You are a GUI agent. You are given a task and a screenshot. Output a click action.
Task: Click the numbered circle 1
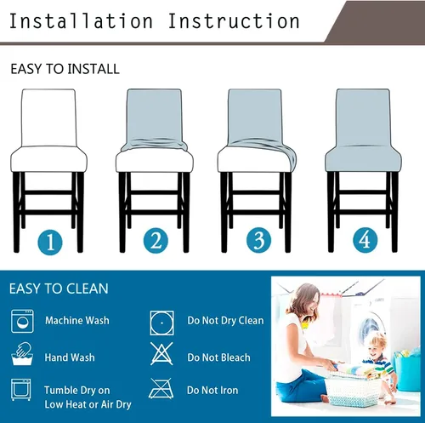50,242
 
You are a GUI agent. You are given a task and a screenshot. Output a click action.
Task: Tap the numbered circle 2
156,241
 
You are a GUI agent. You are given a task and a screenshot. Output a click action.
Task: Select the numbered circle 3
258,240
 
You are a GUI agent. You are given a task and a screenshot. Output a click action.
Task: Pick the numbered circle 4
365,240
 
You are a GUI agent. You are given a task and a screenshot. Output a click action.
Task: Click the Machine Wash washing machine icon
22,321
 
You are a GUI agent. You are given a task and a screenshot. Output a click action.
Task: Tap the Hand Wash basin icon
22,354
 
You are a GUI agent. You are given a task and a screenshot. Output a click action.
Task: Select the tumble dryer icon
21,389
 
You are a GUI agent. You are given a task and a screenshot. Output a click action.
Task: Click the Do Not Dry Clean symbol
161,323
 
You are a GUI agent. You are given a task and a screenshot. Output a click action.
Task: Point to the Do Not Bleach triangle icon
161,353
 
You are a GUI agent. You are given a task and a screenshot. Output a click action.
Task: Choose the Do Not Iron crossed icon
161,388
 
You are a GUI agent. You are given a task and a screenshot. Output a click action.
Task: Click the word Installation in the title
81,21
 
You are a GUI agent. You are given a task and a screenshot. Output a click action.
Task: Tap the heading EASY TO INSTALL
65,69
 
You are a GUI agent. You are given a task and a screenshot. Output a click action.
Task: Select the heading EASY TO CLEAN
59,289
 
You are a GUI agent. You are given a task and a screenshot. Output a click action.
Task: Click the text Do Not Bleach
218,357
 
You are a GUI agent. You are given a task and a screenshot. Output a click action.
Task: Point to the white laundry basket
353,390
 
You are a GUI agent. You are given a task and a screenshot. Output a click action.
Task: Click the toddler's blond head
377,345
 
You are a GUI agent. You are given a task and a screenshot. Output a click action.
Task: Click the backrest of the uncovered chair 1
49,117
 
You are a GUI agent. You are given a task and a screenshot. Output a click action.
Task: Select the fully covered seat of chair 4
363,159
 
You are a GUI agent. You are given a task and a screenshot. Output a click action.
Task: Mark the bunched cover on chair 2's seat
155,146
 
